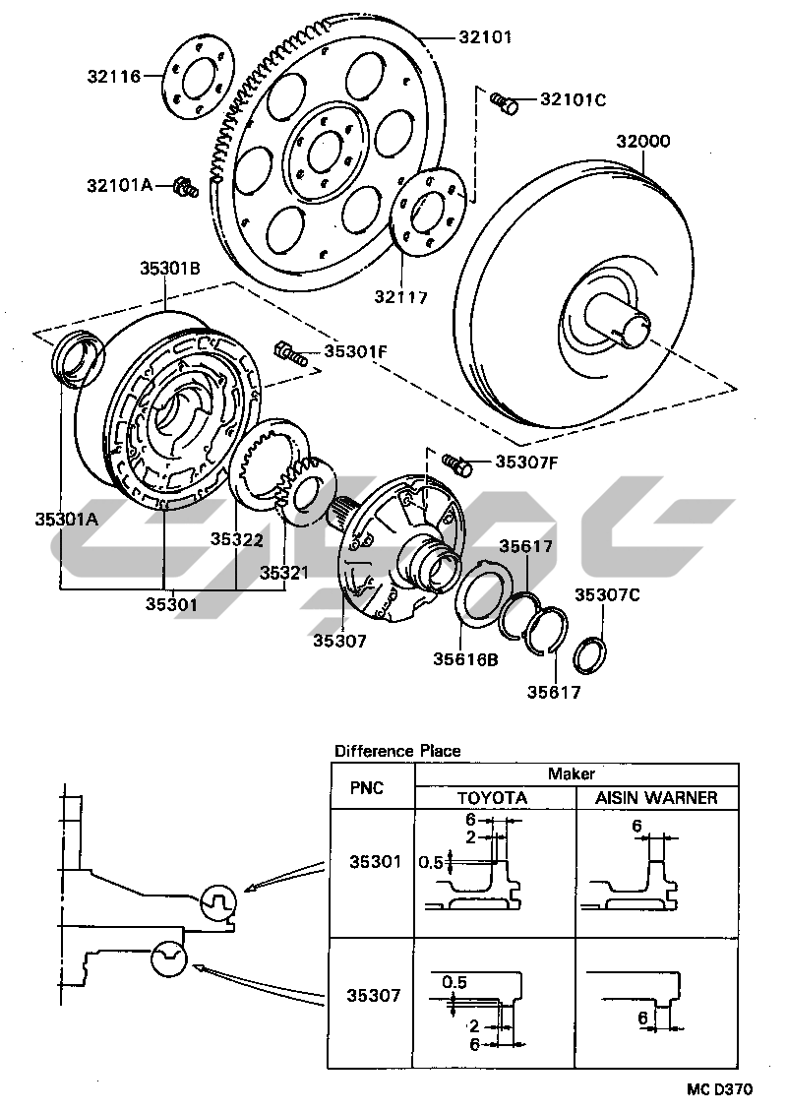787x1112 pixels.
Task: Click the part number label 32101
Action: (x=485, y=38)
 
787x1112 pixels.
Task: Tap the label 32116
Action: (x=114, y=75)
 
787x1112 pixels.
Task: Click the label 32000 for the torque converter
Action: (x=643, y=142)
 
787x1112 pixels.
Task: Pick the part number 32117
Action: (x=400, y=295)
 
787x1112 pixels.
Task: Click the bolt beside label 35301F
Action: (x=290, y=351)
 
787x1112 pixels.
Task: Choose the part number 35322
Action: (x=236, y=539)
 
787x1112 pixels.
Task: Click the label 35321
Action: (x=285, y=571)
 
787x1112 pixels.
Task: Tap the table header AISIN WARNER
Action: (x=656, y=798)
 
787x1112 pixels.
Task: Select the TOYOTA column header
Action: (x=494, y=798)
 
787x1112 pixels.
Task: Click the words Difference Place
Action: (x=396, y=751)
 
